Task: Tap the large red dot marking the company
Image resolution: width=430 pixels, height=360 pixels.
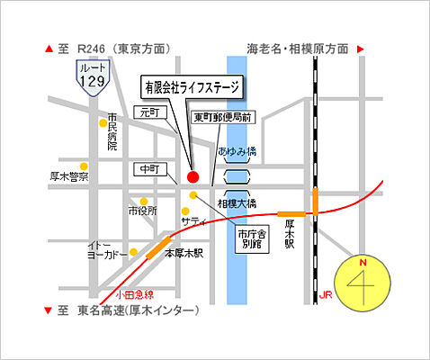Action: (x=192, y=176)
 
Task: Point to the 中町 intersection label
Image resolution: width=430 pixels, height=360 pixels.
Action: (x=145, y=168)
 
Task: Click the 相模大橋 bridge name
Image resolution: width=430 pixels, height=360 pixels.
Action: (x=237, y=204)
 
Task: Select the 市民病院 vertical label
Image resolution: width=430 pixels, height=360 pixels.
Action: (x=112, y=131)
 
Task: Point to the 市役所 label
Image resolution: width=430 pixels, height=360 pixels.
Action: (x=142, y=211)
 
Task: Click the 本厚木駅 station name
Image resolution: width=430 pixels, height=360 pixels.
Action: (x=184, y=254)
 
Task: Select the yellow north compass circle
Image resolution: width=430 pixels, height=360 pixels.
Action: (x=364, y=282)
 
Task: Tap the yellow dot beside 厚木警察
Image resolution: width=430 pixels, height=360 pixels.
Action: (x=84, y=166)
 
